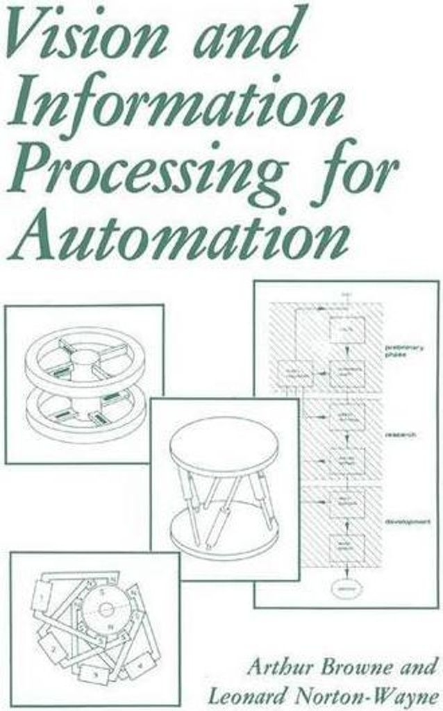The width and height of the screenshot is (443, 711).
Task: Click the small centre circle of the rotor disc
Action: (106, 609)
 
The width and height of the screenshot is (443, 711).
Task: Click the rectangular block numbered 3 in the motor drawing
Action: (94, 672)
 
